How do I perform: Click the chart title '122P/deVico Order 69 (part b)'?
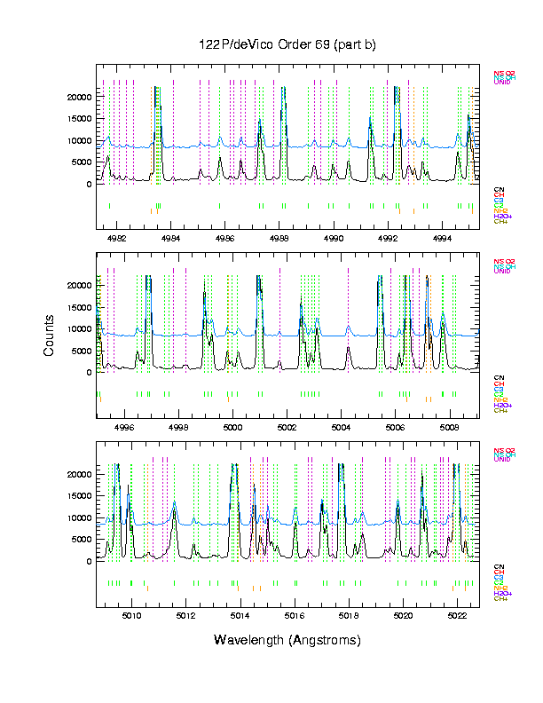[288, 45]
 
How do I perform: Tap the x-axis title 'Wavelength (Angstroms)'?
[288, 640]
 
